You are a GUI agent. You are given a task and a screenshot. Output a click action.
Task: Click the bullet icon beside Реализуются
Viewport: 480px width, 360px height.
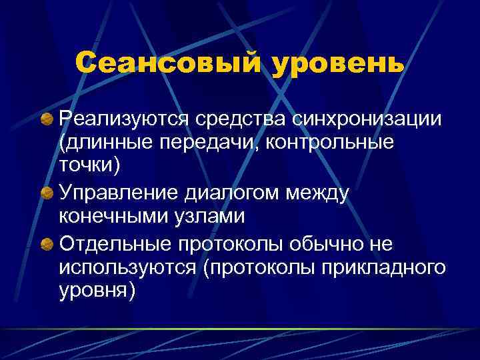tap(47, 119)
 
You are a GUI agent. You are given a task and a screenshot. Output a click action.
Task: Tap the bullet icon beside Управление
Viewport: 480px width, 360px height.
tap(47, 193)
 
